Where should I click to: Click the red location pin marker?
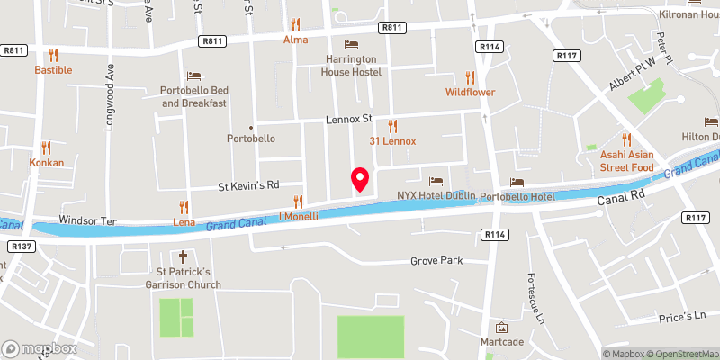pos(359,178)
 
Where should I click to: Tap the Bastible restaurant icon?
pos(53,54)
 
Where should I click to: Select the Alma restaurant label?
pos(295,40)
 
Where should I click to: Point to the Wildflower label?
pos(470,92)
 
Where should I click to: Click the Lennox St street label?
pos(349,119)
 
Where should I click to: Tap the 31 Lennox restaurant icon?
pos(391,126)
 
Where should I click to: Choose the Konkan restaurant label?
pos(46,164)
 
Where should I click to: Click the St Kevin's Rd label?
pos(250,186)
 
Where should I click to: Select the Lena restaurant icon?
pos(184,206)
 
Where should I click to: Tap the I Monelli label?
pos(298,217)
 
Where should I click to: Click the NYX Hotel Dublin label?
pos(436,195)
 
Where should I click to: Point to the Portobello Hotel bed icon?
pos(517,182)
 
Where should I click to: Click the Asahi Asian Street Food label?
pos(626,161)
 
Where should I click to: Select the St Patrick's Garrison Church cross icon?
pos(184,256)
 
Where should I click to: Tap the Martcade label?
pos(502,342)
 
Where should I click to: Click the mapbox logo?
pos(40,348)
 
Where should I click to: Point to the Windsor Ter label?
pos(88,220)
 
